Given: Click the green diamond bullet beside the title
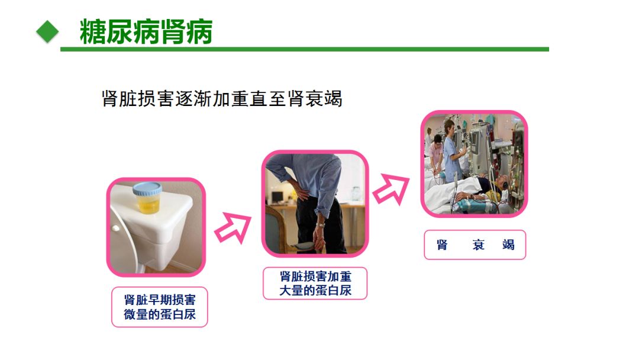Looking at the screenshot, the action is tap(48, 32).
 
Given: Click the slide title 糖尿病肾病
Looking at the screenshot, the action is tap(146, 31).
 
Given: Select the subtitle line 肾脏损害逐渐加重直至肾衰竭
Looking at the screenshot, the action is tap(222, 99).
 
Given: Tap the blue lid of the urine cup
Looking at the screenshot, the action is tap(147, 189).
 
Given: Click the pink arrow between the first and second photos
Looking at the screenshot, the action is tap(233, 227).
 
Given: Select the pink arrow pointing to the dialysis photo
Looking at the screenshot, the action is tap(391, 189).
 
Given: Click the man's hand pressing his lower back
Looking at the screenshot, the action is tap(301, 189).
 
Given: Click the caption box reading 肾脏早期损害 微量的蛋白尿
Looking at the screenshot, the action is tap(160, 307).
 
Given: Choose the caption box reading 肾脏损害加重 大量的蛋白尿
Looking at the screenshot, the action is tap(315, 284).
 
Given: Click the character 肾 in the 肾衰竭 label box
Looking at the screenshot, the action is tap(442, 245).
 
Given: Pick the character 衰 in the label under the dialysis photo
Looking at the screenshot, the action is tap(479, 245).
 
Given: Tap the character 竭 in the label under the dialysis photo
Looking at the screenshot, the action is tap(508, 245).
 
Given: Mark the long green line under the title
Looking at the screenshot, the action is tap(305, 49).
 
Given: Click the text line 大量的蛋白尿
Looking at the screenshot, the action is tap(315, 291).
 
